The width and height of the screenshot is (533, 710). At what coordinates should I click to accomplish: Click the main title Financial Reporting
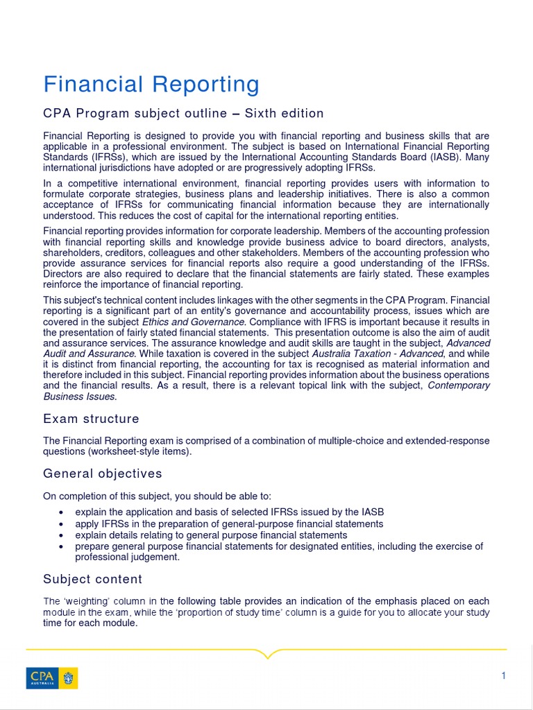point(151,85)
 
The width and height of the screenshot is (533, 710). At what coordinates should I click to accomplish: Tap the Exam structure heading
point(91,419)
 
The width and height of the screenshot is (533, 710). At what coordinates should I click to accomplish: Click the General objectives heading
point(103,474)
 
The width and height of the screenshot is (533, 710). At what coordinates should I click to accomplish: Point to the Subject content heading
point(92,579)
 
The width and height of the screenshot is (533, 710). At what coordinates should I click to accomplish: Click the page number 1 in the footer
point(504,676)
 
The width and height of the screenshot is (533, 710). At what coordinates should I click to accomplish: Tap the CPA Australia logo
point(52,677)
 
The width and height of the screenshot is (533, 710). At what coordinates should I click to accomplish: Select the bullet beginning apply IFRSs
point(229,523)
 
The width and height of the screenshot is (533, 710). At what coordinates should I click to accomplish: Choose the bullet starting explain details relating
point(211,535)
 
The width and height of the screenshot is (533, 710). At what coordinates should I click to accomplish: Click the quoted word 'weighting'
point(86,601)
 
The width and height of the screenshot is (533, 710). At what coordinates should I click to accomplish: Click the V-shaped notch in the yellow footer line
point(267,653)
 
